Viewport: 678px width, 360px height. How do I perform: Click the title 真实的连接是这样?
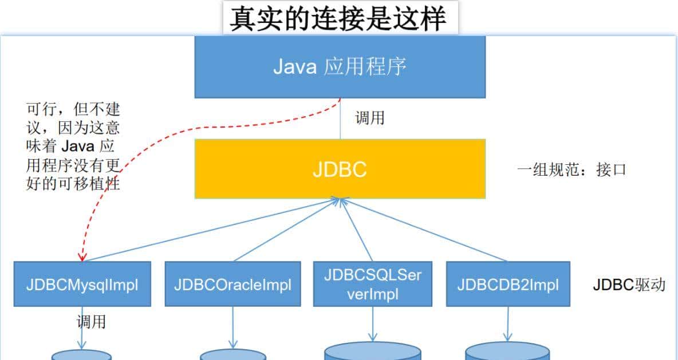[x=338, y=18]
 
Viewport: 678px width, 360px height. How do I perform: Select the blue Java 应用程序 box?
[x=340, y=66]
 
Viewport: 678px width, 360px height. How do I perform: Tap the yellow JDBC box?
[x=340, y=169]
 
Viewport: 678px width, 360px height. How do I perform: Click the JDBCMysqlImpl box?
[x=82, y=284]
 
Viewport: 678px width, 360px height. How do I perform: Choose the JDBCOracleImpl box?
[x=232, y=284]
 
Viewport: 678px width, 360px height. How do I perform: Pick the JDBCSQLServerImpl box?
[x=373, y=284]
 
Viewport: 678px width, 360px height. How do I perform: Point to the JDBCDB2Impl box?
[x=508, y=284]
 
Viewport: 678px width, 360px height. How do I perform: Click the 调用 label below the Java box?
[x=369, y=118]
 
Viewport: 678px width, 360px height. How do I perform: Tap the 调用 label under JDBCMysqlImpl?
[x=91, y=322]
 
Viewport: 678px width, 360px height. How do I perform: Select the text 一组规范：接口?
[x=571, y=169]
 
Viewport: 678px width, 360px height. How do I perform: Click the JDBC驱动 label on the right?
[x=629, y=284]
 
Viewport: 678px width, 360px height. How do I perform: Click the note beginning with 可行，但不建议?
[x=73, y=147]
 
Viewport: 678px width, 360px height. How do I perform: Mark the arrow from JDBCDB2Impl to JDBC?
[x=424, y=230]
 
